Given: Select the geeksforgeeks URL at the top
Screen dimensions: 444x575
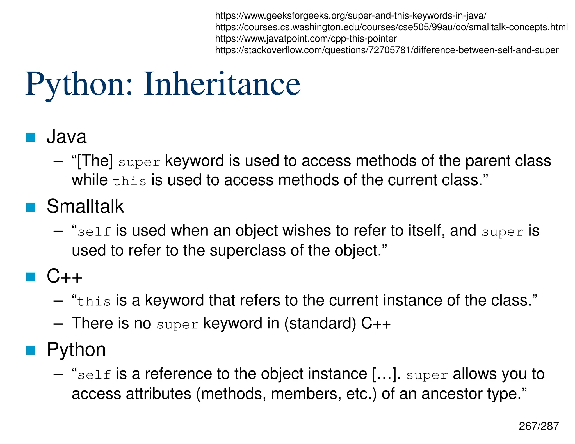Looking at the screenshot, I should point(350,16).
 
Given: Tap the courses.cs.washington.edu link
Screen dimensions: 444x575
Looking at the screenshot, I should point(391,27).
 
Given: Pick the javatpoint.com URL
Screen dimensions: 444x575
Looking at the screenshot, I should point(305,39).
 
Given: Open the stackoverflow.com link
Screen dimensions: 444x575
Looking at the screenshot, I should point(387,50).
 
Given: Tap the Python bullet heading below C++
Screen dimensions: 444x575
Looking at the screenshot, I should point(76,350).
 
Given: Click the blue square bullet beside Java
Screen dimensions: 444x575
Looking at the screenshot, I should point(31,137).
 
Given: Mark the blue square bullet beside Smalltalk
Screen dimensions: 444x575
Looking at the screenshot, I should point(31,207).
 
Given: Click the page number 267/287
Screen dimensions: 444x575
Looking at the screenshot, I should point(539,426).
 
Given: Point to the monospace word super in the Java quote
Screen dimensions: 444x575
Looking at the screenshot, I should point(139,162).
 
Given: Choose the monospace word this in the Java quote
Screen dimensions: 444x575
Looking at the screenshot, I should point(129,181).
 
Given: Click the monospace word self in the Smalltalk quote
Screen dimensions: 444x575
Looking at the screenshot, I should point(94,232).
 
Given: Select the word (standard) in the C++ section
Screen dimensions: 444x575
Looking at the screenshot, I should point(320,323).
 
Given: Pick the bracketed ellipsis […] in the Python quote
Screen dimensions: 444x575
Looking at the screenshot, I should point(384,374).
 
